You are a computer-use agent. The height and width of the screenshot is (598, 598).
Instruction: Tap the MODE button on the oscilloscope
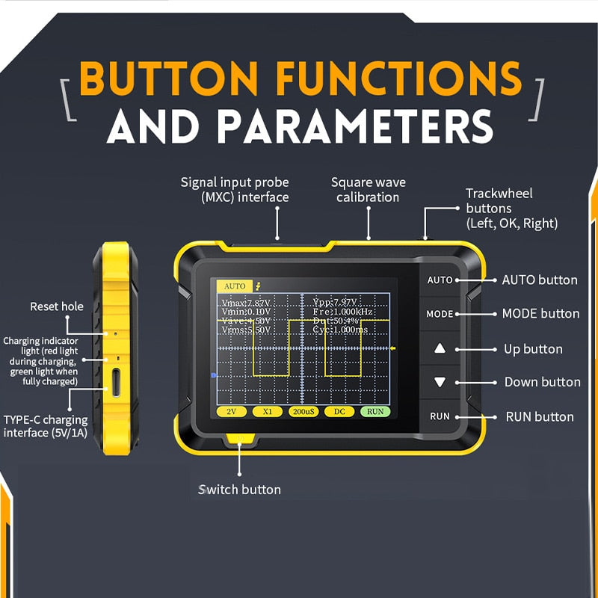[x=440, y=314]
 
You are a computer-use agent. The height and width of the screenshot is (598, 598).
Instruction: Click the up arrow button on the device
[x=440, y=348]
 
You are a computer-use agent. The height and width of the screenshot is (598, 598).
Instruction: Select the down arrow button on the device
[x=440, y=382]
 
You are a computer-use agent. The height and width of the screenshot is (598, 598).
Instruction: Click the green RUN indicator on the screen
[x=375, y=412]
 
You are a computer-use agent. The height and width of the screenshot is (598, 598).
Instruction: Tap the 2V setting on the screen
[x=232, y=412]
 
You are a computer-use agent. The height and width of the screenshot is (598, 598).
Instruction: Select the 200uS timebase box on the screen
[x=303, y=412]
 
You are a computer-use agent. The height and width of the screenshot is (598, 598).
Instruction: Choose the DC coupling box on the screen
[x=339, y=412]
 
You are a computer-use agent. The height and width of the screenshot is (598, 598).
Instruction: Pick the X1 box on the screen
[x=267, y=412]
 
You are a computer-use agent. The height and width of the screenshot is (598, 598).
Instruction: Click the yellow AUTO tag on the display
[x=235, y=286]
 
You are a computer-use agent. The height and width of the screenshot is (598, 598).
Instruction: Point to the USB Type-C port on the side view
[x=117, y=382]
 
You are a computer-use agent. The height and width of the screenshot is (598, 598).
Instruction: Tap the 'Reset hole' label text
[x=57, y=306]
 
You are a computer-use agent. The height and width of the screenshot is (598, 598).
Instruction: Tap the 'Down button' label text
[x=542, y=382]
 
